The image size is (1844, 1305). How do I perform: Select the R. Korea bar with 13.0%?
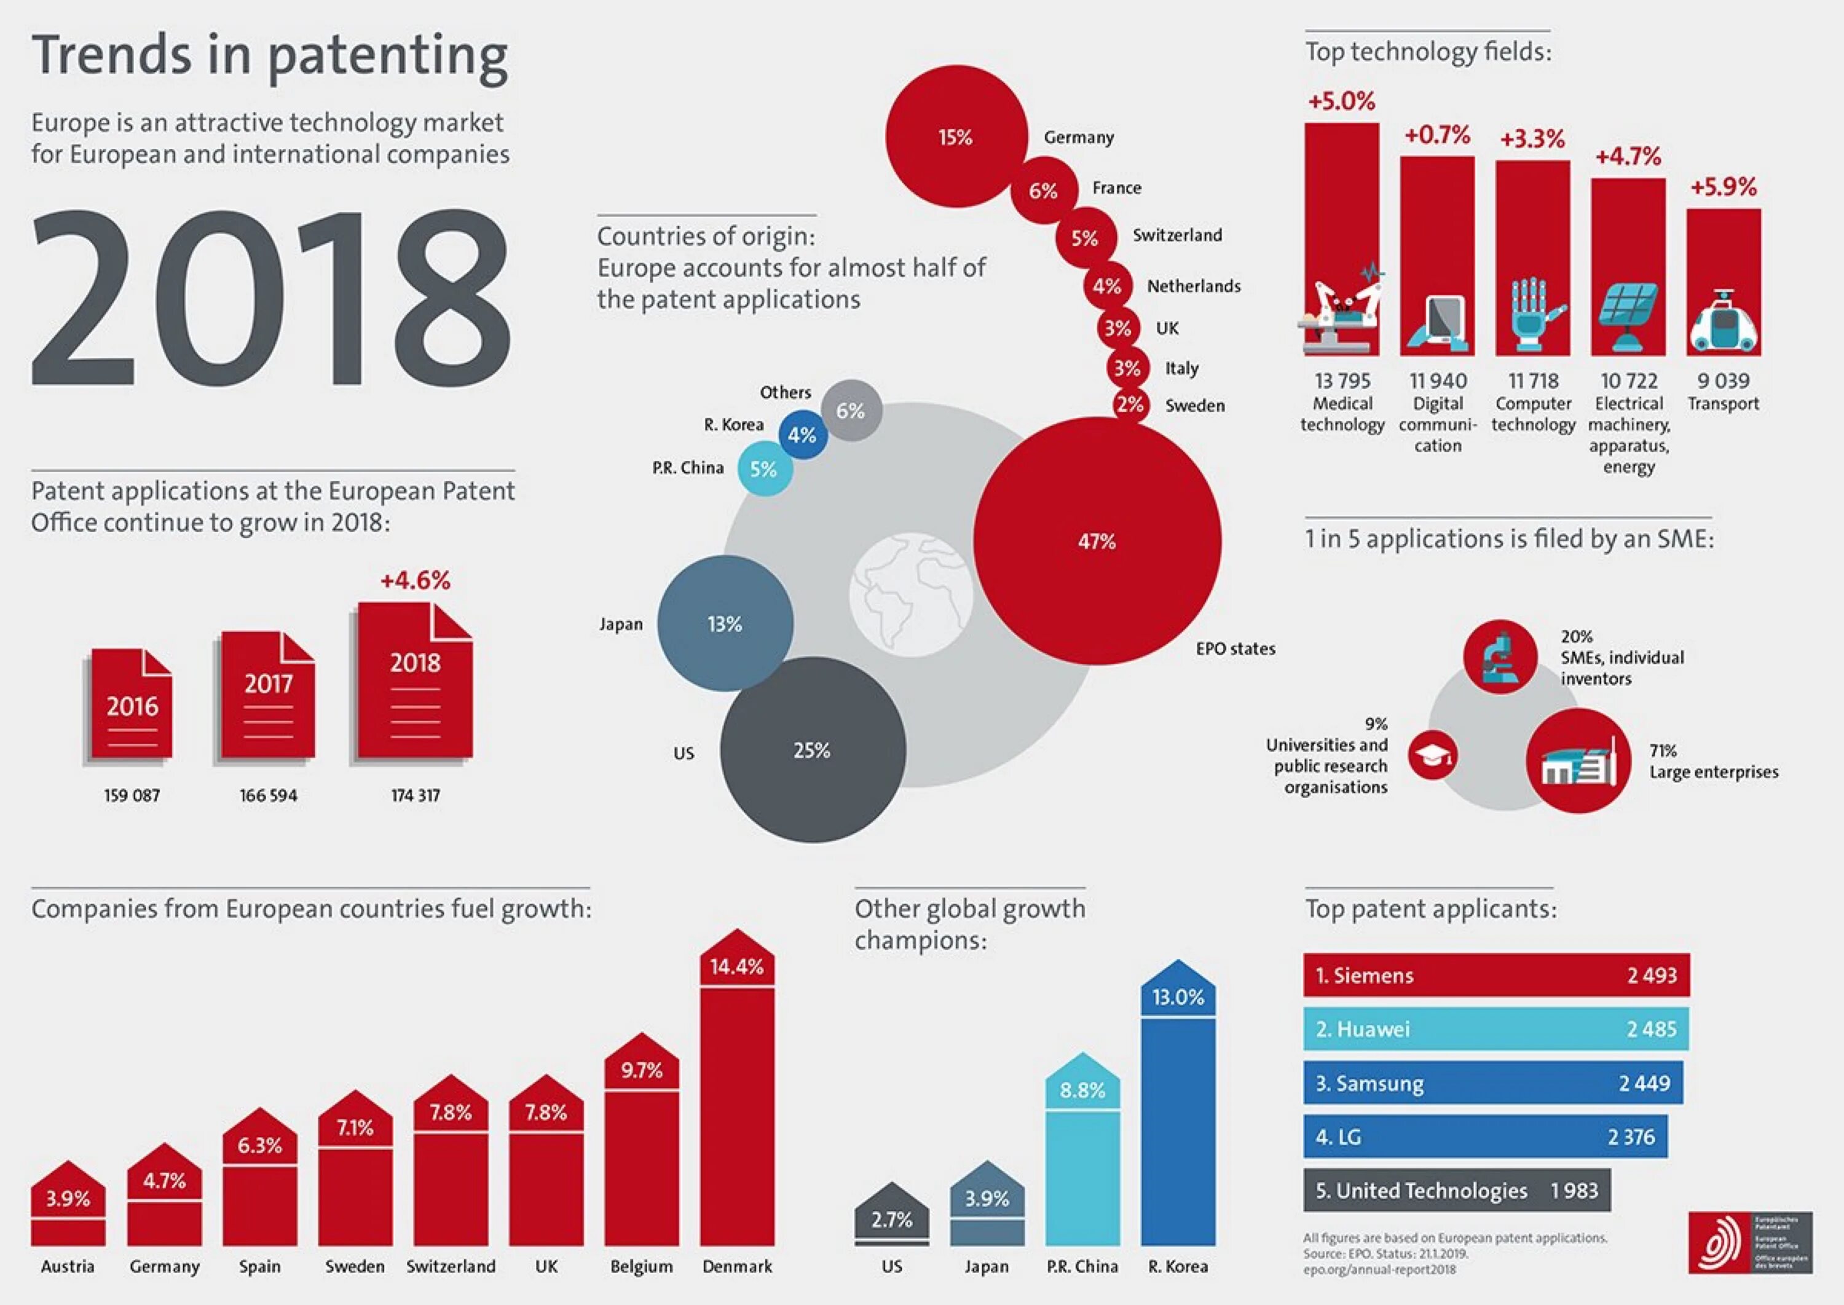[1178, 1117]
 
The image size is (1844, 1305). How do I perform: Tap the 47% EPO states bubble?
[1097, 542]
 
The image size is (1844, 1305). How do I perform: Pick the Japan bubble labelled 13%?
[725, 623]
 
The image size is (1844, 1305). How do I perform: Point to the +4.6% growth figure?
[415, 580]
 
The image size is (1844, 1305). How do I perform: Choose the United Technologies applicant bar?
[1457, 1190]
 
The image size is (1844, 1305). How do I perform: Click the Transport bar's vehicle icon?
[1723, 323]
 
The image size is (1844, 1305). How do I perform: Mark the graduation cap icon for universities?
[1433, 755]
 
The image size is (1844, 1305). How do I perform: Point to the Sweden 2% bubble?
[1130, 404]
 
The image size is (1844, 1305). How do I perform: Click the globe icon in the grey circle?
[910, 594]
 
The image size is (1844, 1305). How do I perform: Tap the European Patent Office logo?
[1750, 1242]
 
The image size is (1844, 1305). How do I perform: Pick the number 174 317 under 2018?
[416, 795]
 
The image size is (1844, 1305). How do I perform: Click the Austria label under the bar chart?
[68, 1266]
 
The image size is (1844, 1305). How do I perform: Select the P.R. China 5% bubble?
[764, 469]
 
